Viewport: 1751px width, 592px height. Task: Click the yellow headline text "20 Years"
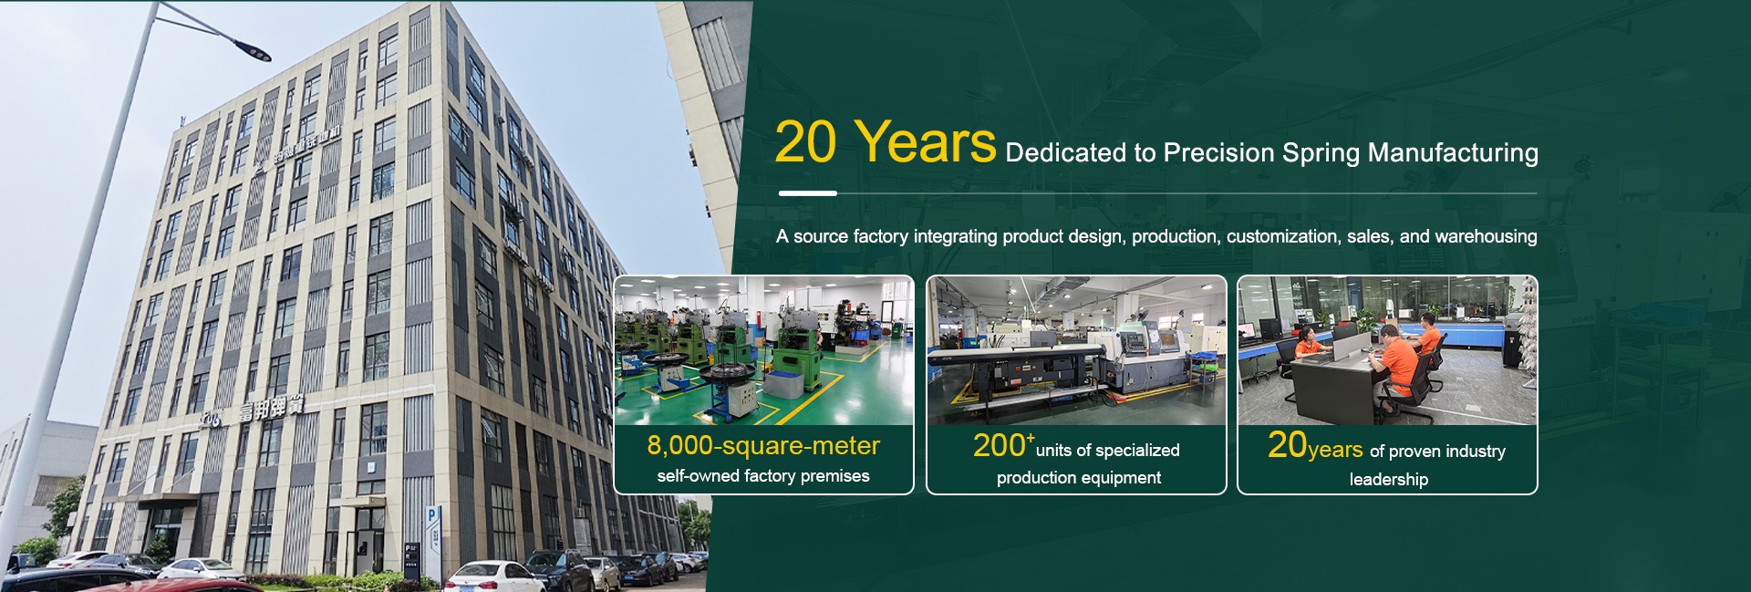[x=885, y=142]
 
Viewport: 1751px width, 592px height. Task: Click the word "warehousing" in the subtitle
[x=1486, y=237]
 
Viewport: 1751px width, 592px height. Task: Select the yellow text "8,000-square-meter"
[x=763, y=445]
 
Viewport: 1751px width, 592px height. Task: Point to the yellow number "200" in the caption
[x=999, y=445]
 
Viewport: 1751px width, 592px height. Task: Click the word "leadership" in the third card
[x=1388, y=479]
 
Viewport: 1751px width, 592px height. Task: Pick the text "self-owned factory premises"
[x=763, y=476]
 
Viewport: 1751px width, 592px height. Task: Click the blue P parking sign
[x=434, y=515]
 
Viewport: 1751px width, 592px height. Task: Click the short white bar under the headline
[x=807, y=193]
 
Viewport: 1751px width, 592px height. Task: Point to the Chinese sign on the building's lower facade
[x=270, y=410]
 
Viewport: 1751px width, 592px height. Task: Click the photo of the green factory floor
[x=764, y=350]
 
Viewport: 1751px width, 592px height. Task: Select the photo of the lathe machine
[x=1076, y=350]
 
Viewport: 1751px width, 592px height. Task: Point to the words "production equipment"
[x=1078, y=478]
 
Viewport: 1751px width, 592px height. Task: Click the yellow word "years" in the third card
[x=1335, y=450]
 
